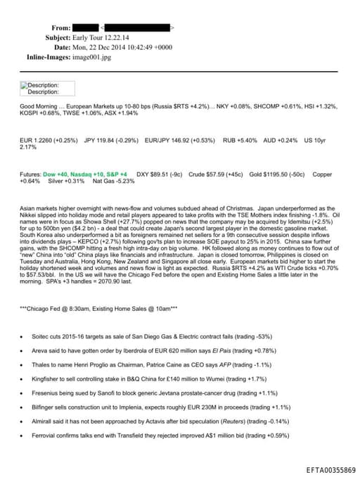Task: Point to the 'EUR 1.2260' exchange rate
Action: [37, 140]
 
